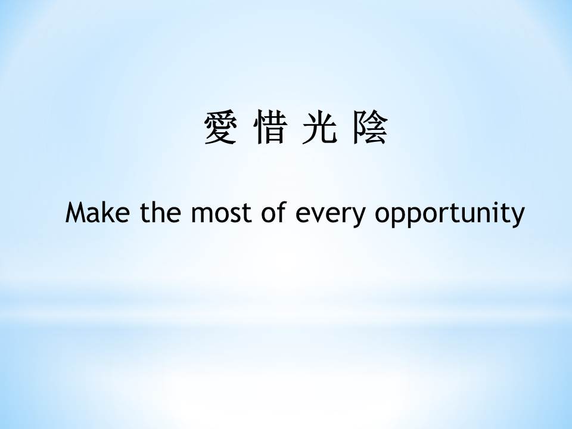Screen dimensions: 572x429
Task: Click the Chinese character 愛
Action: [x=220, y=128]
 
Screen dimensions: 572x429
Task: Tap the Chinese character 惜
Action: [x=270, y=127]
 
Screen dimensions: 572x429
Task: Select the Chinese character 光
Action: [x=319, y=127]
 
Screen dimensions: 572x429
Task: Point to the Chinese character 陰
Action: [x=369, y=128]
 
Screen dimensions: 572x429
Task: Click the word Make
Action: [x=97, y=212]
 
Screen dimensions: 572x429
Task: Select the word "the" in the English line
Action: [x=160, y=212]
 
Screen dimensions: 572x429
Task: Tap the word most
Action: [x=222, y=213]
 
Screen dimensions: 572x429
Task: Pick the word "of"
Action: [x=273, y=212]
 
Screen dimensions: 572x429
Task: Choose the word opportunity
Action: [x=450, y=215]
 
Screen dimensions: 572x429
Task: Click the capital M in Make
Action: [x=76, y=213]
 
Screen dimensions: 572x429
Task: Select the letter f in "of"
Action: [x=281, y=212]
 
